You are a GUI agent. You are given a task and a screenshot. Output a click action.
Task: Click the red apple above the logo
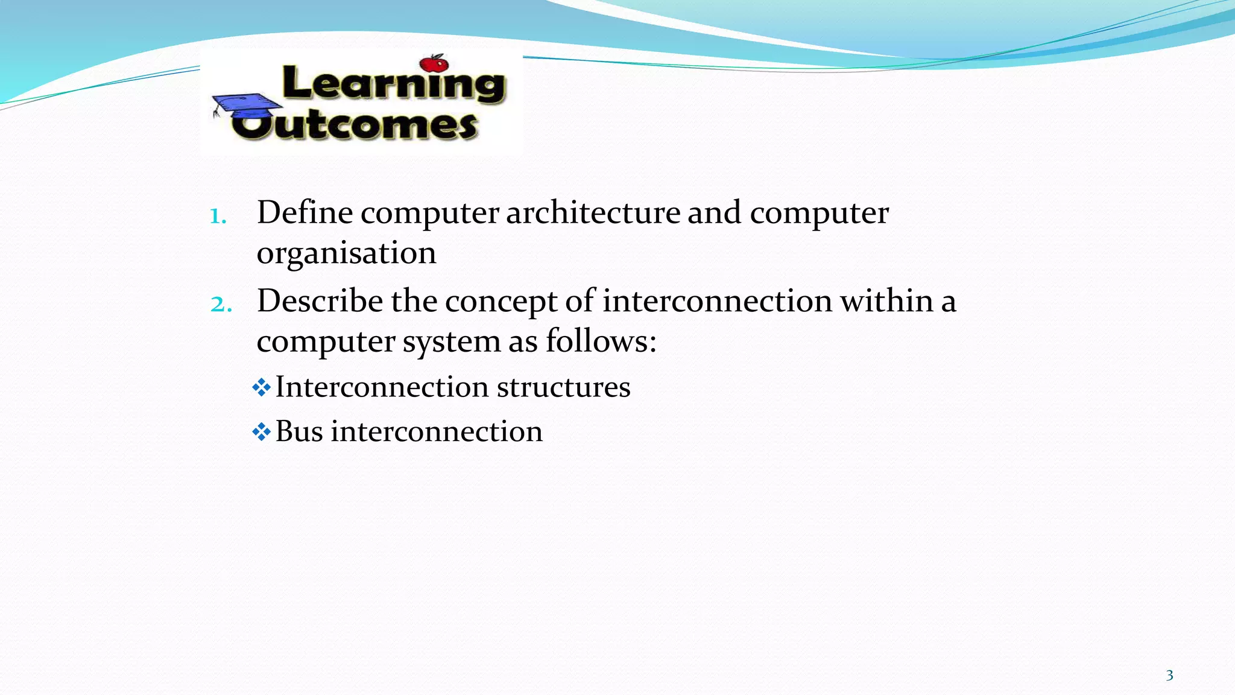pyautogui.click(x=434, y=63)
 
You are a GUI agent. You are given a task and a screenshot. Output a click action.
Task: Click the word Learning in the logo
pyautogui.click(x=393, y=84)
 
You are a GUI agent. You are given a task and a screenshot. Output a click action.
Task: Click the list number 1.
pyautogui.click(x=218, y=216)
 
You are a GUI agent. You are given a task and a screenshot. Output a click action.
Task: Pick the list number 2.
pyautogui.click(x=221, y=304)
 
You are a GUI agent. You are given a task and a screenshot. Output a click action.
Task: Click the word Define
pyautogui.click(x=305, y=212)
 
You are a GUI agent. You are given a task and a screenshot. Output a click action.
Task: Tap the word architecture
pyautogui.click(x=593, y=212)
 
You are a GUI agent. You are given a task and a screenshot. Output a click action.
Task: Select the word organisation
pyautogui.click(x=346, y=253)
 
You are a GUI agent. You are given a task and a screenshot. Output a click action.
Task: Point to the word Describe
pyautogui.click(x=320, y=300)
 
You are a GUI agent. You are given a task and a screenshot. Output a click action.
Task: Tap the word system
pyautogui.click(x=452, y=341)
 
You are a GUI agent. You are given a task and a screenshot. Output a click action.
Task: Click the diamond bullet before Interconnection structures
pyautogui.click(x=262, y=387)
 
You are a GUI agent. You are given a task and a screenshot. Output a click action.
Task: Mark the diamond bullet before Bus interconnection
pyautogui.click(x=262, y=432)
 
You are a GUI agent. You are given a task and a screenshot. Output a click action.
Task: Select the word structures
pyautogui.click(x=563, y=387)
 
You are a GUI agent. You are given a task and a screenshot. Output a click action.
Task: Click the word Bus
pyautogui.click(x=299, y=431)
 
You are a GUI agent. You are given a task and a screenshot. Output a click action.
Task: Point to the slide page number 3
pyautogui.click(x=1169, y=675)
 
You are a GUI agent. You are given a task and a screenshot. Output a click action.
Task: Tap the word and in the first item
pyautogui.click(x=714, y=212)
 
